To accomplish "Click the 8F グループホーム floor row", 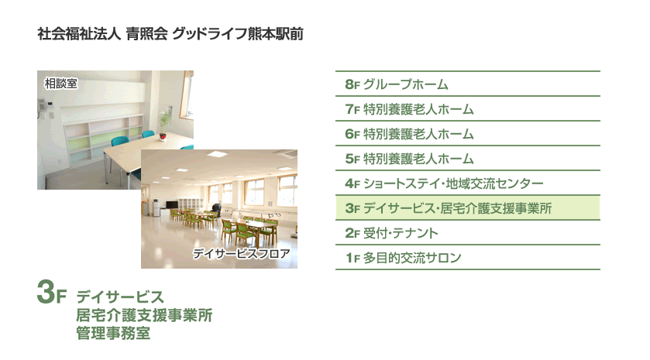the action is click(x=468, y=84).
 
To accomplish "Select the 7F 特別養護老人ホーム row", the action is click(x=468, y=109).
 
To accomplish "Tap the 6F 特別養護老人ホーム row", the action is click(x=468, y=134).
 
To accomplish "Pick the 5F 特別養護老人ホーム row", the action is click(x=468, y=158).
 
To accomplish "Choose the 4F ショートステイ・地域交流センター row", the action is click(x=468, y=183).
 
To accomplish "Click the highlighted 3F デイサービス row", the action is click(x=468, y=208).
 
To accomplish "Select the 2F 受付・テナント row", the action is click(x=468, y=233).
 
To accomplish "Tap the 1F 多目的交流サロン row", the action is click(x=468, y=258).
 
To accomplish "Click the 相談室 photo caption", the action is click(x=61, y=84).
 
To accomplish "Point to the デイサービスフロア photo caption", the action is click(x=241, y=253).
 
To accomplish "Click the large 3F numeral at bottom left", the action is click(x=51, y=292).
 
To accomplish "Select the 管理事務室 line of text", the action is click(x=113, y=333).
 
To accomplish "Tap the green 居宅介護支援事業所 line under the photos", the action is click(x=144, y=315).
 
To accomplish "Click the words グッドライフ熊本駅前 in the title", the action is click(x=238, y=33).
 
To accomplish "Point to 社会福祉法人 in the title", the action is click(x=79, y=33).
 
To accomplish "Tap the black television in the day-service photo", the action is click(x=172, y=204).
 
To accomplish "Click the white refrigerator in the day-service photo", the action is click(x=156, y=207).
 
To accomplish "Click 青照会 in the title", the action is click(x=146, y=33).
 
